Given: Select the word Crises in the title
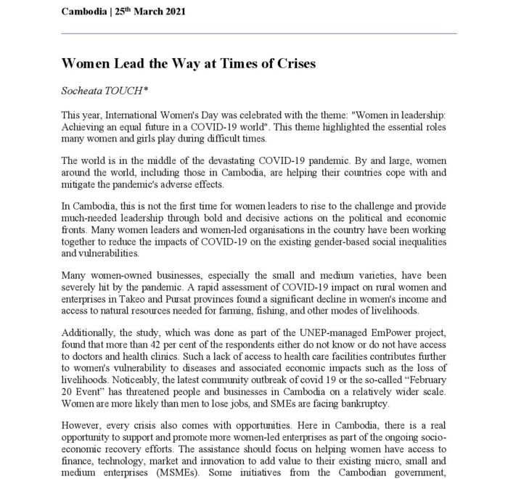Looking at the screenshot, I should (x=293, y=65).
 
